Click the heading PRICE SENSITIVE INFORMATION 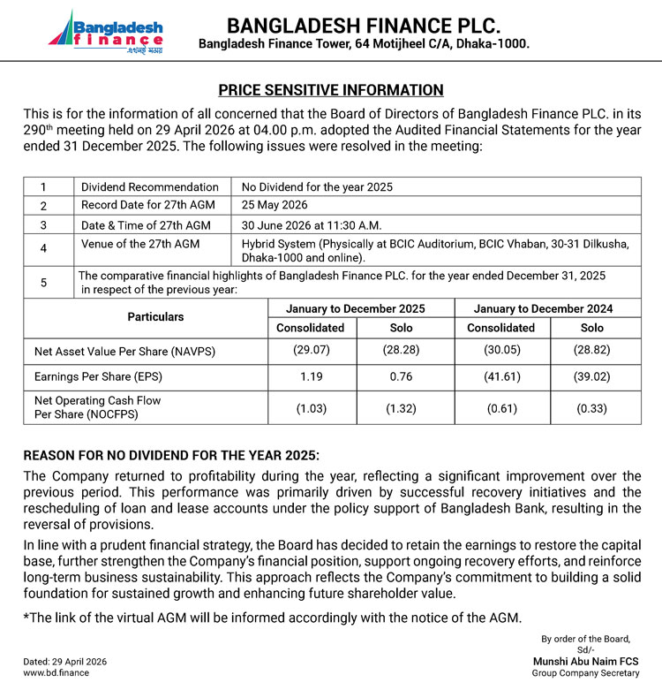click(331, 90)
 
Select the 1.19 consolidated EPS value click(312, 375)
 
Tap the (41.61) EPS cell click(501, 375)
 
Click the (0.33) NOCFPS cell click(592, 408)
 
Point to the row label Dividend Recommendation click(150, 186)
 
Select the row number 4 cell click(43, 248)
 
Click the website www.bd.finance click(56, 672)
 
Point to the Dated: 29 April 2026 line click(64, 661)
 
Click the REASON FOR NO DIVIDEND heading click(171, 455)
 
